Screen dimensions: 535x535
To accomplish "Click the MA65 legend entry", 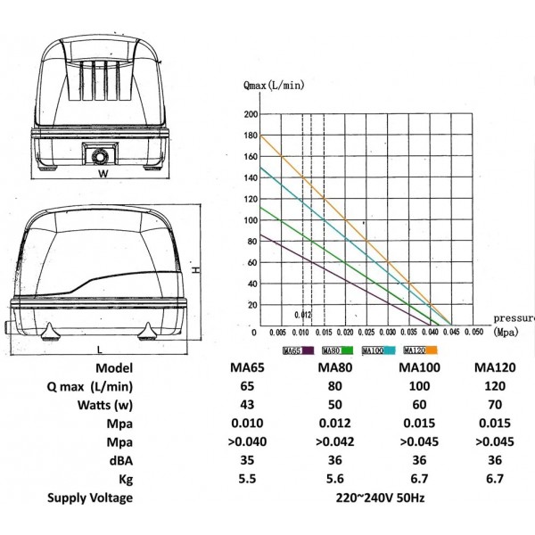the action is tap(298, 350).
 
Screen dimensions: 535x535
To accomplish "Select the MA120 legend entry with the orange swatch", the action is tap(420, 350).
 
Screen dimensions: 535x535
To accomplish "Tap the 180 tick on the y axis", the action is tap(251, 136).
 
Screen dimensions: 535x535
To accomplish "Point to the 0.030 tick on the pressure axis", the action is tap(388, 333).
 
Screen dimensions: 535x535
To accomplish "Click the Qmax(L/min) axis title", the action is tap(274, 85).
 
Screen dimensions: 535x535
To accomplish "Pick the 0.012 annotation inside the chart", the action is tap(303, 315).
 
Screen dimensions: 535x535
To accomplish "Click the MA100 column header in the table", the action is tap(419, 367).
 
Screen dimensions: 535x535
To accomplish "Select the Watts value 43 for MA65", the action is tap(247, 405).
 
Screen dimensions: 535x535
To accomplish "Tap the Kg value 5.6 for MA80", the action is tap(334, 479).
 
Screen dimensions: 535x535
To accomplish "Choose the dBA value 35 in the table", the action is tap(247, 460).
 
